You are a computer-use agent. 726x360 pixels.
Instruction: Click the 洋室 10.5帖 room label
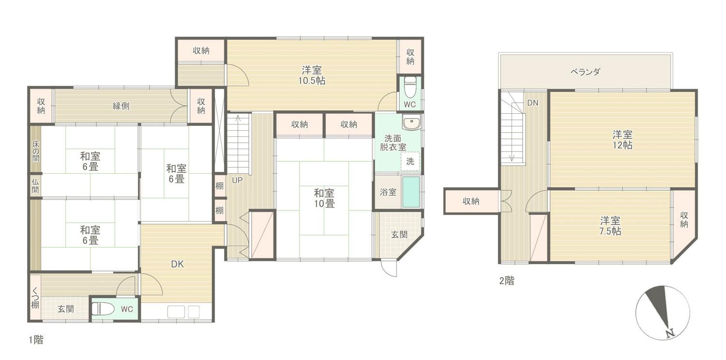point(312,75)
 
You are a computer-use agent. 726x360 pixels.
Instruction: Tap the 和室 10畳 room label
point(324,198)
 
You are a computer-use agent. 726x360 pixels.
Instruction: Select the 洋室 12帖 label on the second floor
point(622,140)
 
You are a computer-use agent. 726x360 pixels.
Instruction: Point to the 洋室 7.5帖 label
point(610,226)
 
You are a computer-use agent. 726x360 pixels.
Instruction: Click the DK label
point(177,264)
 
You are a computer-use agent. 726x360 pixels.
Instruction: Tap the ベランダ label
point(585,72)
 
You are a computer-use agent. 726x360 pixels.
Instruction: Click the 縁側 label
point(121,106)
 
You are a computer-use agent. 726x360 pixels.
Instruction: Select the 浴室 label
point(388,192)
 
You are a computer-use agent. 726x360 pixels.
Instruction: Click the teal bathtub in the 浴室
point(411,192)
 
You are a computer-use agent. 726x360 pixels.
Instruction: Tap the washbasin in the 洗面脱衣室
point(411,122)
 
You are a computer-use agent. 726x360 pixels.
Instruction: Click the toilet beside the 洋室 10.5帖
point(410,87)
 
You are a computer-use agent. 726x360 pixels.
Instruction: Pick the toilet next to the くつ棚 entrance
point(103,309)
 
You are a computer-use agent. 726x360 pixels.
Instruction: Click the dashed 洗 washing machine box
point(410,161)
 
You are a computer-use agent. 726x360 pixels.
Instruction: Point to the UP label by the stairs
point(237,180)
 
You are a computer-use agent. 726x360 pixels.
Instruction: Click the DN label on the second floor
point(532,103)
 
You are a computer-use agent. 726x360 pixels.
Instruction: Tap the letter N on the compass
point(670,333)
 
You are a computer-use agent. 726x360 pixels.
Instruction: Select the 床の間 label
point(36,151)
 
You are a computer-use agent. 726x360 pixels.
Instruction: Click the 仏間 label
point(35,186)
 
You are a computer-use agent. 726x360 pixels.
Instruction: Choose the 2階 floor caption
point(507,281)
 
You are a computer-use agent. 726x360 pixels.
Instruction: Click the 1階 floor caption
point(36,340)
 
